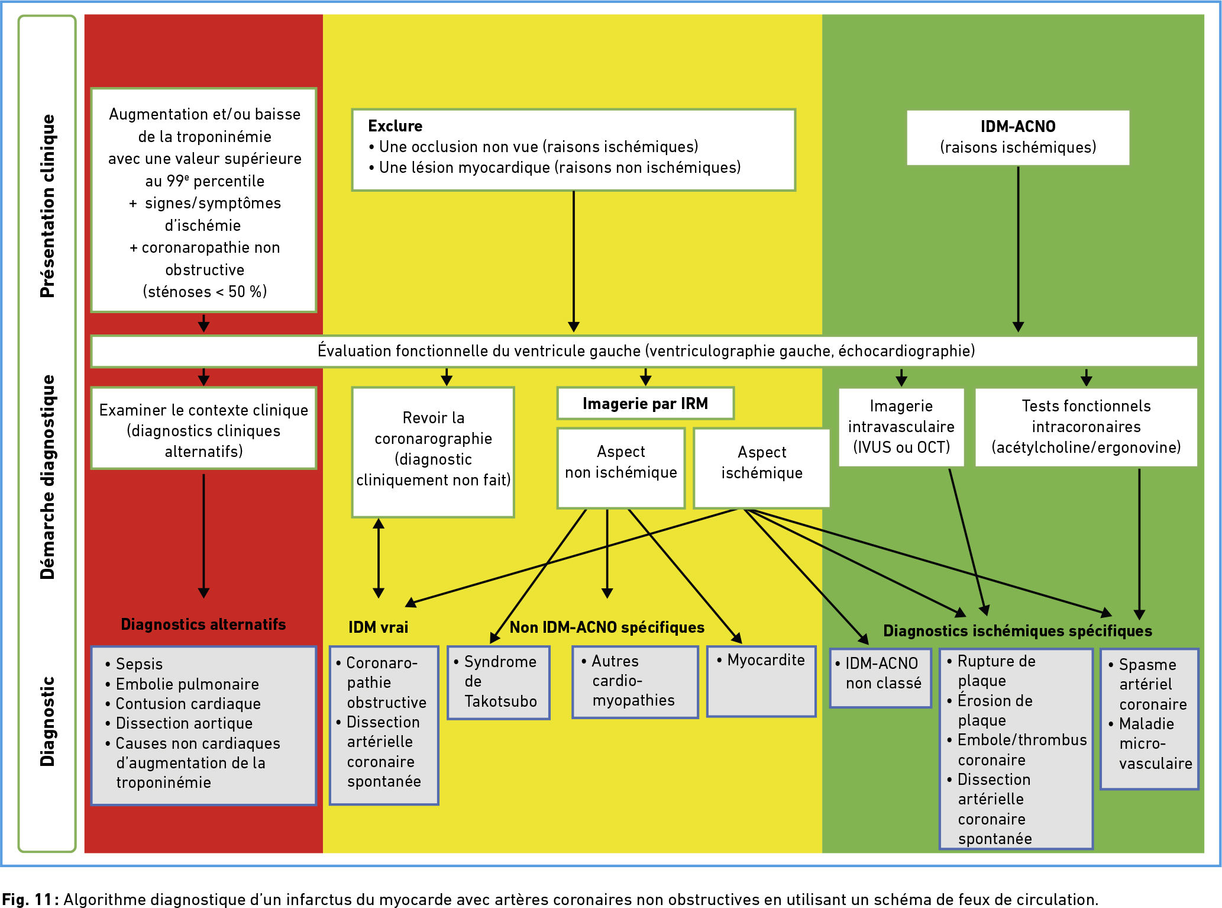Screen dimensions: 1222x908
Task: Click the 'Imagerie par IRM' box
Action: pyautogui.click(x=645, y=404)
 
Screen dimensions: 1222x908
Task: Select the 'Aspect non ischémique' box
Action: pyautogui.click(x=621, y=468)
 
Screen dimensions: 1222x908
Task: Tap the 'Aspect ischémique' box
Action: pyautogui.click(x=762, y=468)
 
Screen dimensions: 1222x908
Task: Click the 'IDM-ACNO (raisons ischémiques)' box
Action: pyautogui.click(x=1018, y=137)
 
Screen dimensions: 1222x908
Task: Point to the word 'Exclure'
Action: pyautogui.click(x=395, y=126)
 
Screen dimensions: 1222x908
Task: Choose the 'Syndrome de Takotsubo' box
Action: pyautogui.click(x=499, y=682)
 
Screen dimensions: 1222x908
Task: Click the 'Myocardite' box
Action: pyautogui.click(x=761, y=681)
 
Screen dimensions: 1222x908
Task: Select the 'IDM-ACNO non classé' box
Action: pyautogui.click(x=881, y=678)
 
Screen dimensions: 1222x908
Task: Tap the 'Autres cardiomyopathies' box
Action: pyautogui.click(x=635, y=682)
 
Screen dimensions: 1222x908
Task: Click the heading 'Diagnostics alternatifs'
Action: pyautogui.click(x=203, y=624)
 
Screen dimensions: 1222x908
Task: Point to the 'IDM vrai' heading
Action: pyautogui.click(x=379, y=627)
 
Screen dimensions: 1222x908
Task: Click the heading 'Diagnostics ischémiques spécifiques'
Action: pyautogui.click(x=1017, y=631)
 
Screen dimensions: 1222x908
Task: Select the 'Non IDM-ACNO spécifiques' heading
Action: pyautogui.click(x=607, y=627)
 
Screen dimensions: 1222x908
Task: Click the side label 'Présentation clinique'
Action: pyautogui.click(x=47, y=206)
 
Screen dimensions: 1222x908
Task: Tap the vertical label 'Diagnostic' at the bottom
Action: pyautogui.click(x=47, y=722)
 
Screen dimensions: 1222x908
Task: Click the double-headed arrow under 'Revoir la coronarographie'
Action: pyautogui.click(x=379, y=558)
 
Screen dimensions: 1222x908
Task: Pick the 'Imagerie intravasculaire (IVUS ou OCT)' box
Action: pyautogui.click(x=901, y=427)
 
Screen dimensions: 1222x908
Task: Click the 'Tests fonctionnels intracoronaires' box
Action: pyautogui.click(x=1086, y=427)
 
